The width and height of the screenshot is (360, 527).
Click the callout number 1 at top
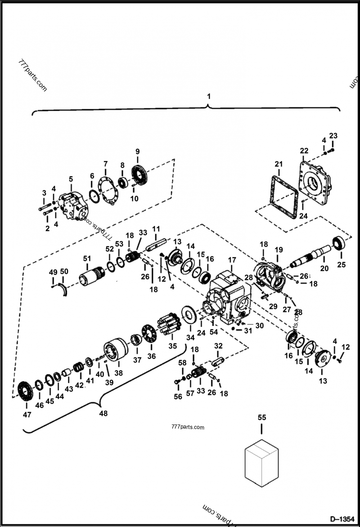(x=208, y=96)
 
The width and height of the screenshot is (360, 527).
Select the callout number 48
(x=103, y=414)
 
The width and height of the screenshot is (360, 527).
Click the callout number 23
(x=333, y=136)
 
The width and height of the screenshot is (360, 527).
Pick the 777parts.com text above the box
(x=188, y=427)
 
